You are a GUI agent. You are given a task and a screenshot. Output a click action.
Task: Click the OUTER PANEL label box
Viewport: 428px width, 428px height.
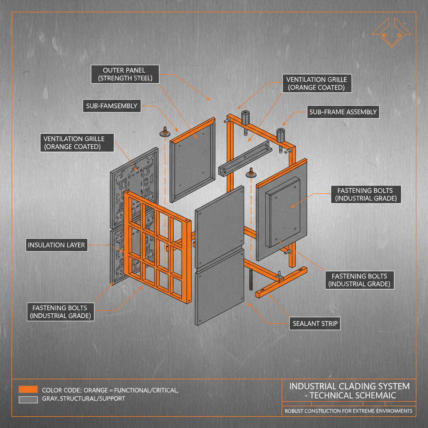tap(124, 74)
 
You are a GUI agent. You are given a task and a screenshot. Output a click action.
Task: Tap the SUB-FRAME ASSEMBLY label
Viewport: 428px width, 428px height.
tap(343, 112)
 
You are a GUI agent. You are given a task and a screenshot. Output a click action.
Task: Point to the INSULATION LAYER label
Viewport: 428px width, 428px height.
tap(57, 245)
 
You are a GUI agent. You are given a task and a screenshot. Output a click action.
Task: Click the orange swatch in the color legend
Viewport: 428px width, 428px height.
tap(28, 390)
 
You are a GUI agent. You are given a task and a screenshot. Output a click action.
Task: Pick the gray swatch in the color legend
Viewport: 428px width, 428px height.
tap(28, 400)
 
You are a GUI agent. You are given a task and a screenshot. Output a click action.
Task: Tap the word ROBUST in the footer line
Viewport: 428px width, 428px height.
tap(295, 411)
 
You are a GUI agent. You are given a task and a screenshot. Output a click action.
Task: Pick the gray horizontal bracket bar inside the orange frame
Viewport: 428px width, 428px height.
tap(244, 159)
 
